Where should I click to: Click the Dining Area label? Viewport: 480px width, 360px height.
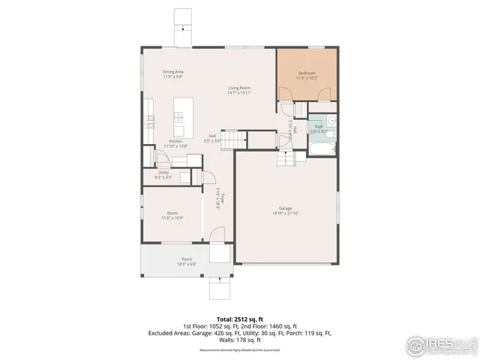coord(173,71)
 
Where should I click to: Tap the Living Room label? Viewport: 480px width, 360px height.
coord(239,88)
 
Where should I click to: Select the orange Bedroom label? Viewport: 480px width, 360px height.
coord(307,73)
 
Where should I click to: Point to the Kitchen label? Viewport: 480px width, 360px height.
coord(175,141)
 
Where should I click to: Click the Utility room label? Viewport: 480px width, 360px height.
coord(163,173)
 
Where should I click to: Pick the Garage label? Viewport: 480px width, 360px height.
coord(285,209)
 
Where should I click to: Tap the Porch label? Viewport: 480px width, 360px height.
coord(166,259)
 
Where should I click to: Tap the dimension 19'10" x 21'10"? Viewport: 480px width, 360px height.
coord(285,214)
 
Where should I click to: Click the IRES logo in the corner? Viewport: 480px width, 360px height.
coord(441,345)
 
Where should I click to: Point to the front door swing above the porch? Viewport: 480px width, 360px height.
coord(216,235)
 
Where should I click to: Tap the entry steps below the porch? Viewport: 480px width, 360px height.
coord(219,286)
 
